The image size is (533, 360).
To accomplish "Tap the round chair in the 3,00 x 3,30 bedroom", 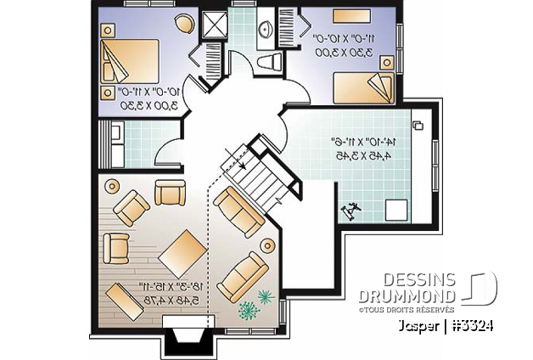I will click(x=186, y=24).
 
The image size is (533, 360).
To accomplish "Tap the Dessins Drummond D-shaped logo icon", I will click(x=480, y=287).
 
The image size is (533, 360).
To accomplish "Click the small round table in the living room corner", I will click(x=109, y=184).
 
